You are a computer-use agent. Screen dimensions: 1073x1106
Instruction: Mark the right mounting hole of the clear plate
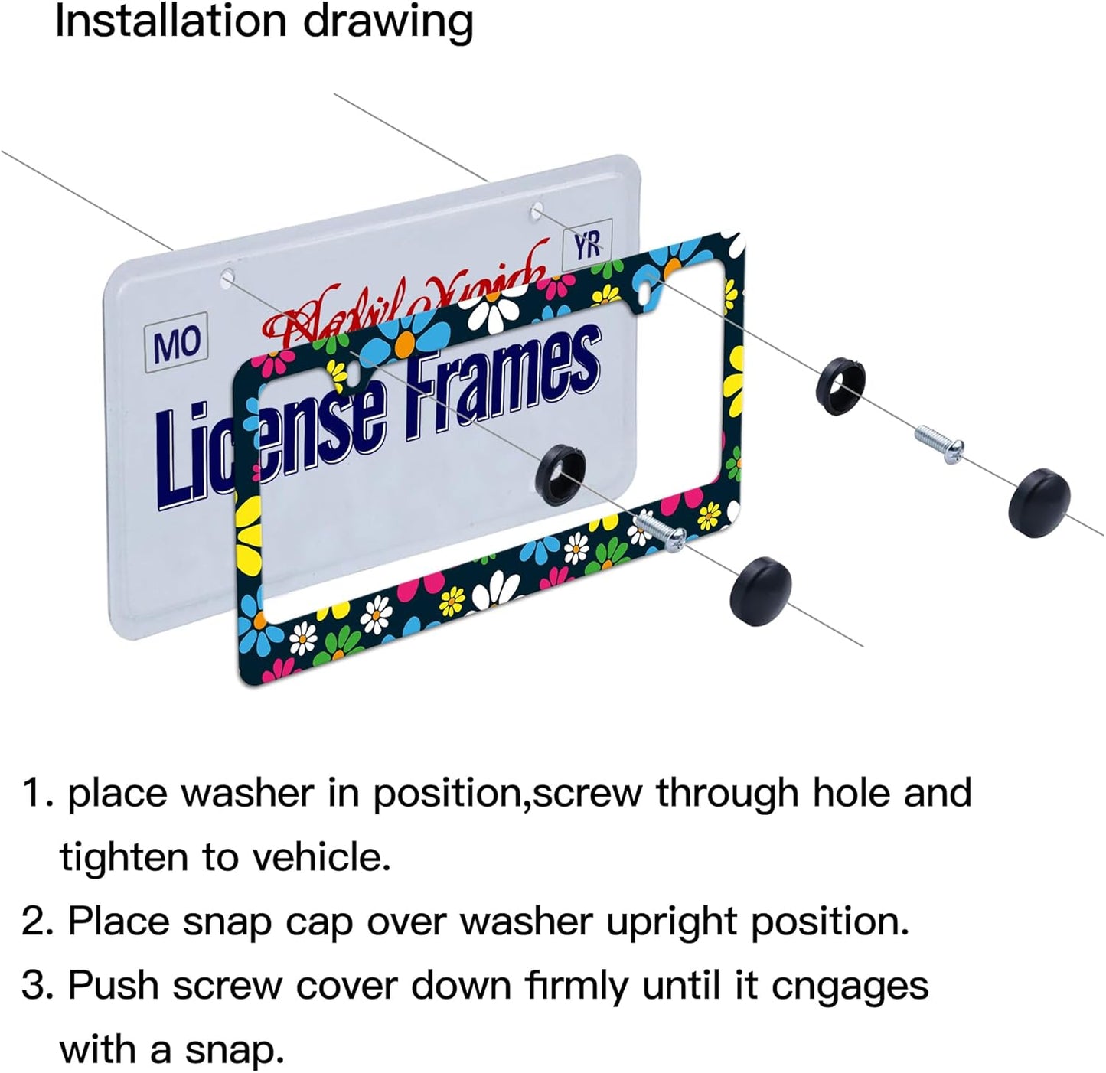coord(537,209)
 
